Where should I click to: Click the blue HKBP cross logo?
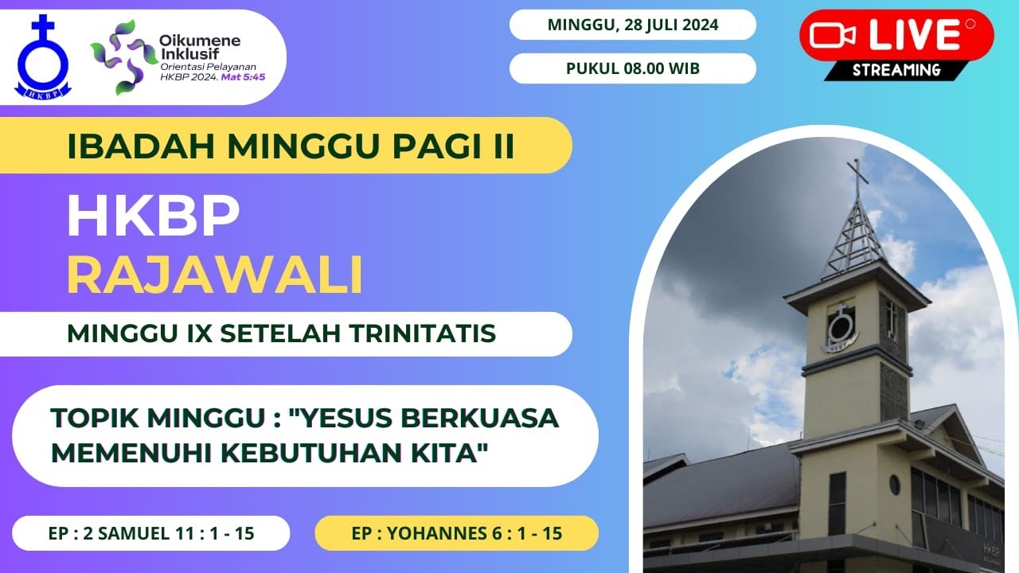[43, 58]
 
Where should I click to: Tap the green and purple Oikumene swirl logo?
[120, 57]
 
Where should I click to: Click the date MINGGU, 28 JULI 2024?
[633, 25]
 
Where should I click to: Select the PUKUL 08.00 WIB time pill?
[633, 68]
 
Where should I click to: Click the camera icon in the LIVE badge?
[833, 35]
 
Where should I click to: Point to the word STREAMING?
[896, 70]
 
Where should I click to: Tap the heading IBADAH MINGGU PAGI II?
[291, 146]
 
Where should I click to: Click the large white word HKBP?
[153, 216]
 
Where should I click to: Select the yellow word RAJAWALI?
[215, 275]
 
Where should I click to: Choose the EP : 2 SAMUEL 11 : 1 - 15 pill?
[150, 533]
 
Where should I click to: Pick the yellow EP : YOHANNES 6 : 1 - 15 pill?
[456, 533]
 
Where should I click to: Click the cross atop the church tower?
[857, 175]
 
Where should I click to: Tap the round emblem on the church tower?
[840, 326]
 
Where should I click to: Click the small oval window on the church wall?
[895, 484]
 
